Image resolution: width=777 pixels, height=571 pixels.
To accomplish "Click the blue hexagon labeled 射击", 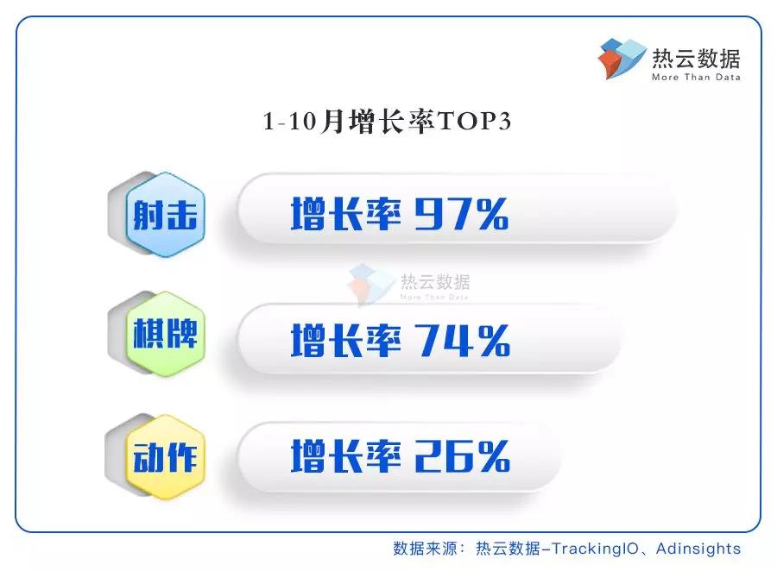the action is [166, 215].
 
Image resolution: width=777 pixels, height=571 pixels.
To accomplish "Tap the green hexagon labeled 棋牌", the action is [166, 334].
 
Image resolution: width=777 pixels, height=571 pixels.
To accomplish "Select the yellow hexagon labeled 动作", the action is [166, 457].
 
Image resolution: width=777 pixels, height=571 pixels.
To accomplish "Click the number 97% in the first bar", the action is [461, 214].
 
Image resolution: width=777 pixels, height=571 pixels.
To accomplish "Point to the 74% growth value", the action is [463, 340].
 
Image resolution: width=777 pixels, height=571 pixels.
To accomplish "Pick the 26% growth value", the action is [463, 456].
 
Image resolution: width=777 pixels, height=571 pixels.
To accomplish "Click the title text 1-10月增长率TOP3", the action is [387, 122].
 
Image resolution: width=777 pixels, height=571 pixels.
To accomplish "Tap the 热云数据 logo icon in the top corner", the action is [622, 59].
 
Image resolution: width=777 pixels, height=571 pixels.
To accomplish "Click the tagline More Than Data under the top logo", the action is [696, 78].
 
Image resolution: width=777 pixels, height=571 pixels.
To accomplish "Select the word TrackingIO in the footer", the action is [595, 549].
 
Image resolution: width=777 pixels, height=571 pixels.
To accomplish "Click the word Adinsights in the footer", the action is [698, 549].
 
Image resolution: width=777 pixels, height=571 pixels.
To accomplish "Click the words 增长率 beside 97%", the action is [346, 214].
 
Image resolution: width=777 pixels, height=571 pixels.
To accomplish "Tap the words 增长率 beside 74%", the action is [346, 340].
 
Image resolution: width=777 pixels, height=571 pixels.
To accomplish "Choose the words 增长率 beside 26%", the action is [346, 456].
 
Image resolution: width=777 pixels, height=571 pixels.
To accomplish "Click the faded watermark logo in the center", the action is [408, 285].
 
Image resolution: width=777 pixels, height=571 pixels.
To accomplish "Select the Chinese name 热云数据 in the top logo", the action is [696, 59].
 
